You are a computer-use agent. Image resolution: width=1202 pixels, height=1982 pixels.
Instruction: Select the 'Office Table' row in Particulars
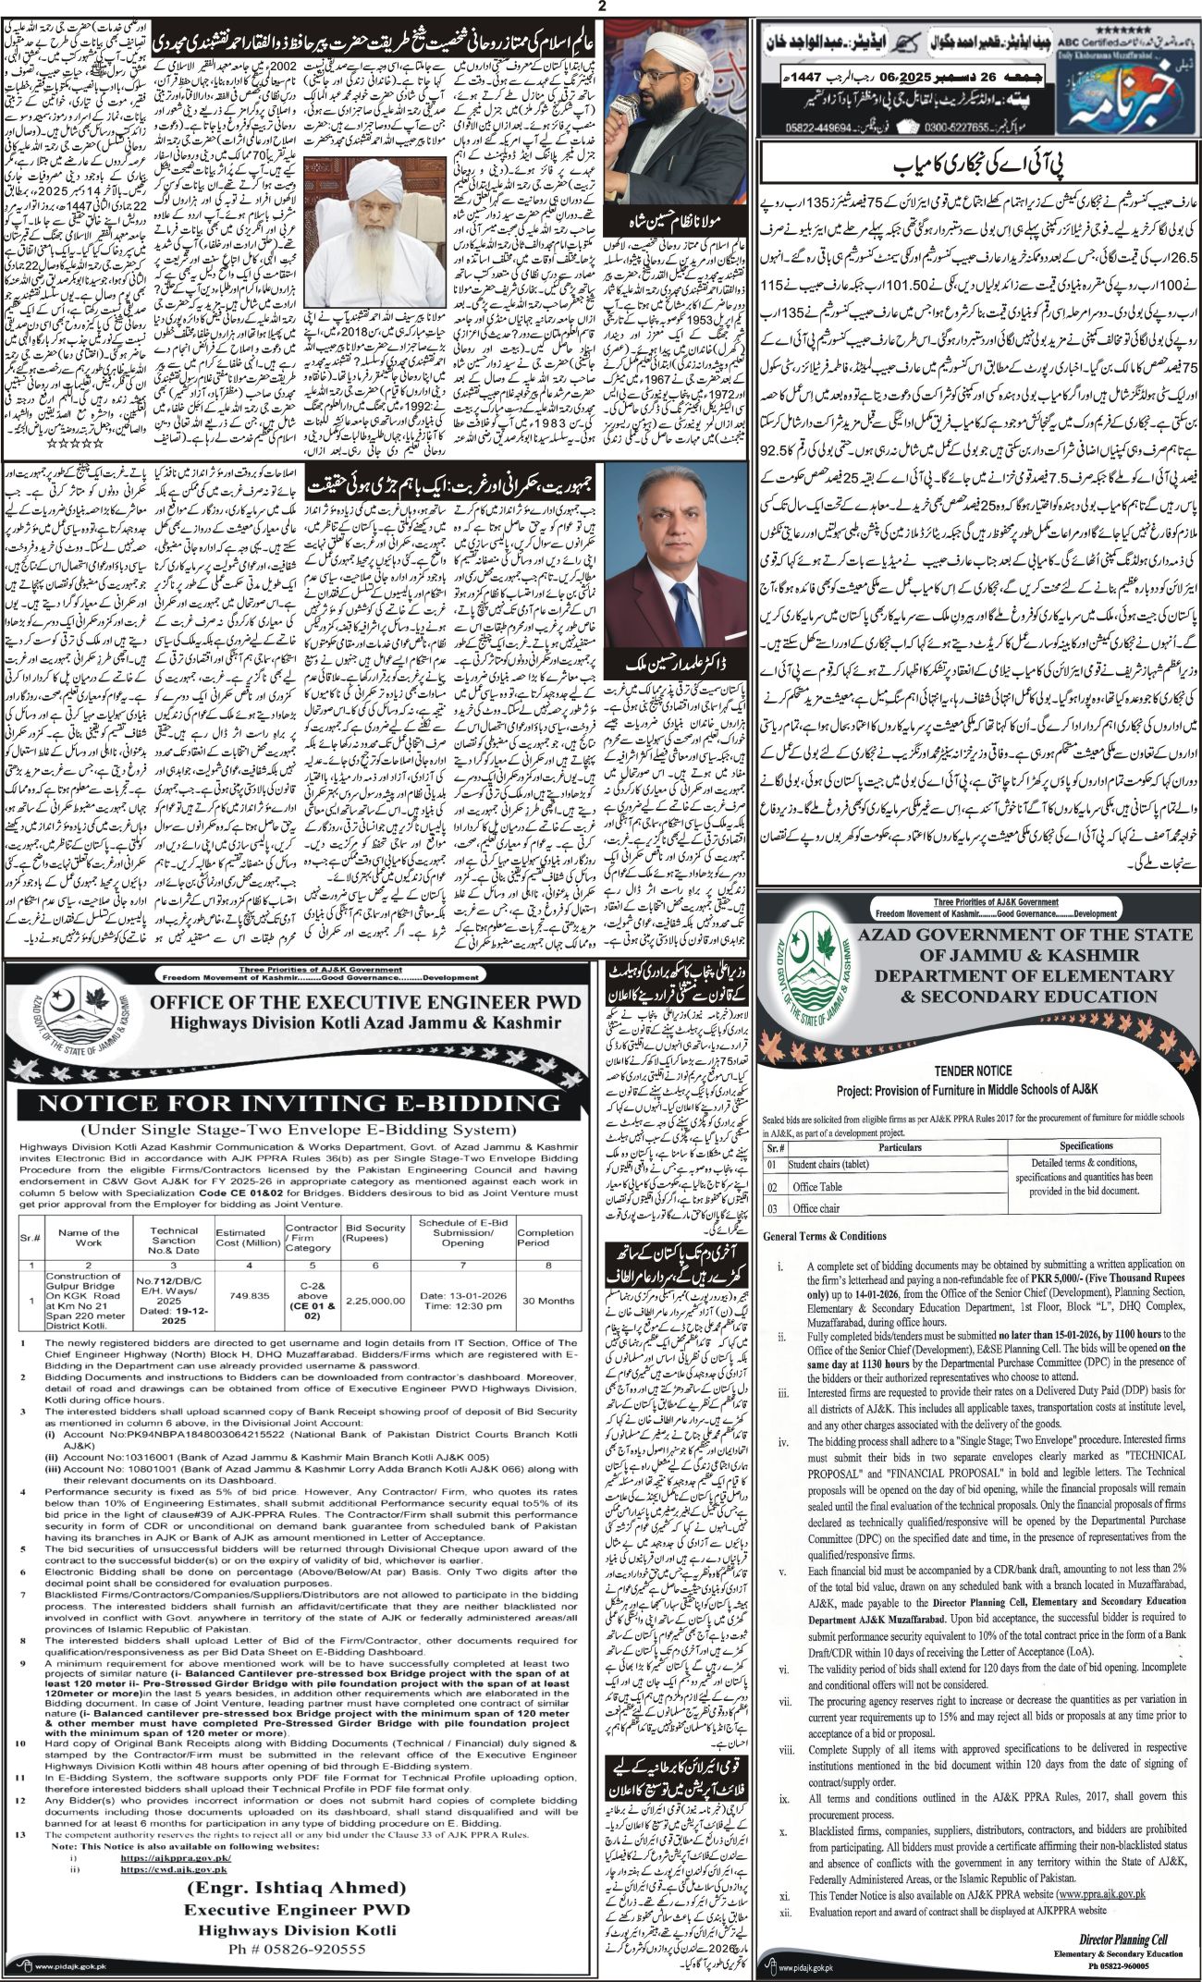[817, 1186]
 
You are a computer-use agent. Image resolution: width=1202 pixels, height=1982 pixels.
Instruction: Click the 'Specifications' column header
[1086, 1145]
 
